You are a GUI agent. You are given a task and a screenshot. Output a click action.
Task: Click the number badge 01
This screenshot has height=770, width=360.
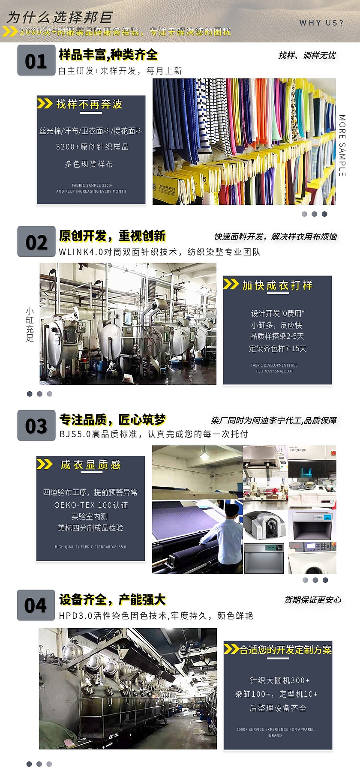point(36,60)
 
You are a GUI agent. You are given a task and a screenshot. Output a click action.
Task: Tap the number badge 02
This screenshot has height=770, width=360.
point(36,242)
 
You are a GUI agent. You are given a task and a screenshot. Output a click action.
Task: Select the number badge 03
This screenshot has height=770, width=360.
point(36,425)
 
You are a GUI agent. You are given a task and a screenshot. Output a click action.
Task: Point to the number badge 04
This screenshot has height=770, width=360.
point(36,605)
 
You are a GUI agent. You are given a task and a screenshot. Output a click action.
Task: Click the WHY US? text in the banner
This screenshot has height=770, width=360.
point(321,23)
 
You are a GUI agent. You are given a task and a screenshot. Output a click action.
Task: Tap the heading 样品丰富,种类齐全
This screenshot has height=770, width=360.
point(108,55)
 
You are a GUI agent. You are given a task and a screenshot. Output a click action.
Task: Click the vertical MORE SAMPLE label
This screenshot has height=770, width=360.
point(342,145)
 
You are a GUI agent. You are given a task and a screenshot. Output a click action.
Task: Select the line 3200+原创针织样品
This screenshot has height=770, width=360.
point(92,147)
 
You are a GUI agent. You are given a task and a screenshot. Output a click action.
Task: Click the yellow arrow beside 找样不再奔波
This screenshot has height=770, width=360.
point(45,104)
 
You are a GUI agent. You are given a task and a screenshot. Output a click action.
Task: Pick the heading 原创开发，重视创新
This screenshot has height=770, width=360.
point(112,236)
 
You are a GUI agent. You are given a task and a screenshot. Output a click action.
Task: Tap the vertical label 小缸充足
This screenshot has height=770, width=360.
point(30,324)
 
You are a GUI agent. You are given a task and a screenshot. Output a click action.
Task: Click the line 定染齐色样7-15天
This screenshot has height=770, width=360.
point(278,349)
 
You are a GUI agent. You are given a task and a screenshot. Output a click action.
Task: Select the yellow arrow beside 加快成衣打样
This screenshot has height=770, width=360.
point(231,284)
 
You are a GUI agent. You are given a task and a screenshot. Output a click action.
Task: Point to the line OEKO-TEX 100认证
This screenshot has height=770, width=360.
point(91,505)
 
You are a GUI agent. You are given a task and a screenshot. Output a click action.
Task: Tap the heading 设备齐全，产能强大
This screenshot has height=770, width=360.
point(112,600)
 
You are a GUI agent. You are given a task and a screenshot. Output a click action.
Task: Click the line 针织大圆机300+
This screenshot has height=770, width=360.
point(279,680)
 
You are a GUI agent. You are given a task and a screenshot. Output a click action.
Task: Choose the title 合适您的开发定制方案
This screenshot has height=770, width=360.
point(285,650)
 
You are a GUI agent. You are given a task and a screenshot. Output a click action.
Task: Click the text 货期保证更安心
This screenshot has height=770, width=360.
point(312,600)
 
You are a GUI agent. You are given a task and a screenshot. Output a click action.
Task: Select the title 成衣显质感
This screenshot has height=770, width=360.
point(91,465)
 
